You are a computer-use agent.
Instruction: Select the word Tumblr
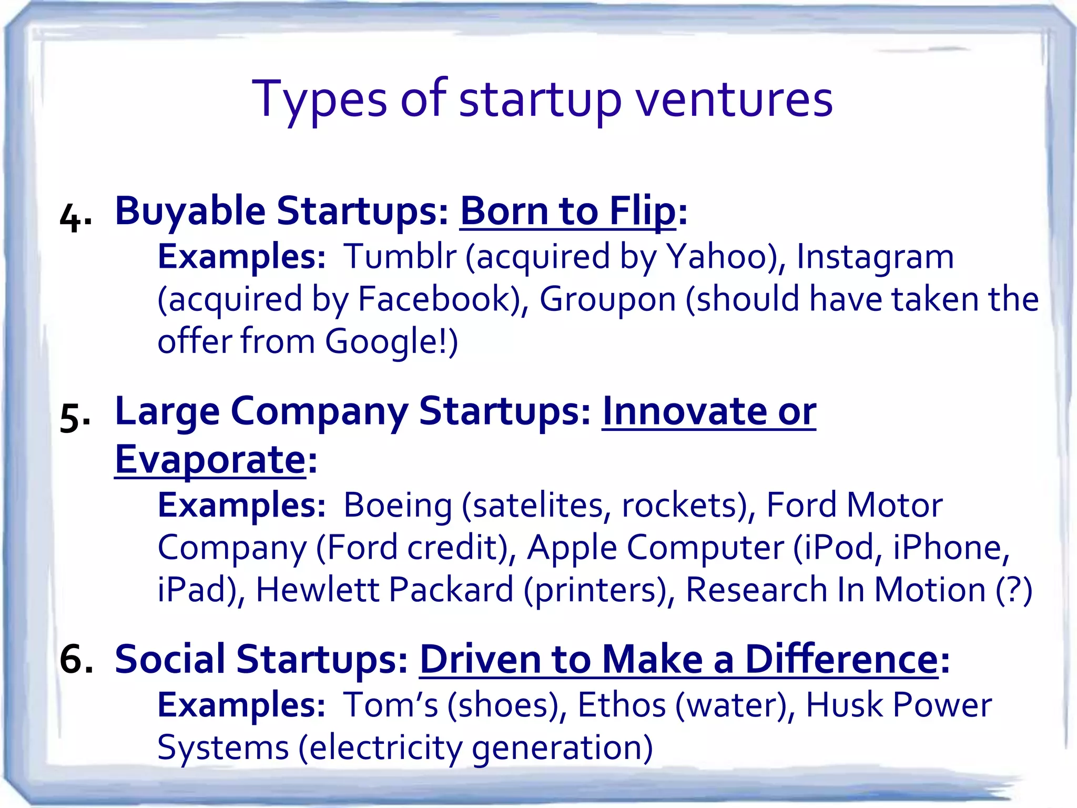pyautogui.click(x=400, y=257)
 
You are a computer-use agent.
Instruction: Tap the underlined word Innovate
pyautogui.click(x=684, y=411)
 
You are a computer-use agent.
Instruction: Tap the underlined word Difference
pyautogui.click(x=841, y=659)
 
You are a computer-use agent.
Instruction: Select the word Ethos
pyautogui.click(x=622, y=705)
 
